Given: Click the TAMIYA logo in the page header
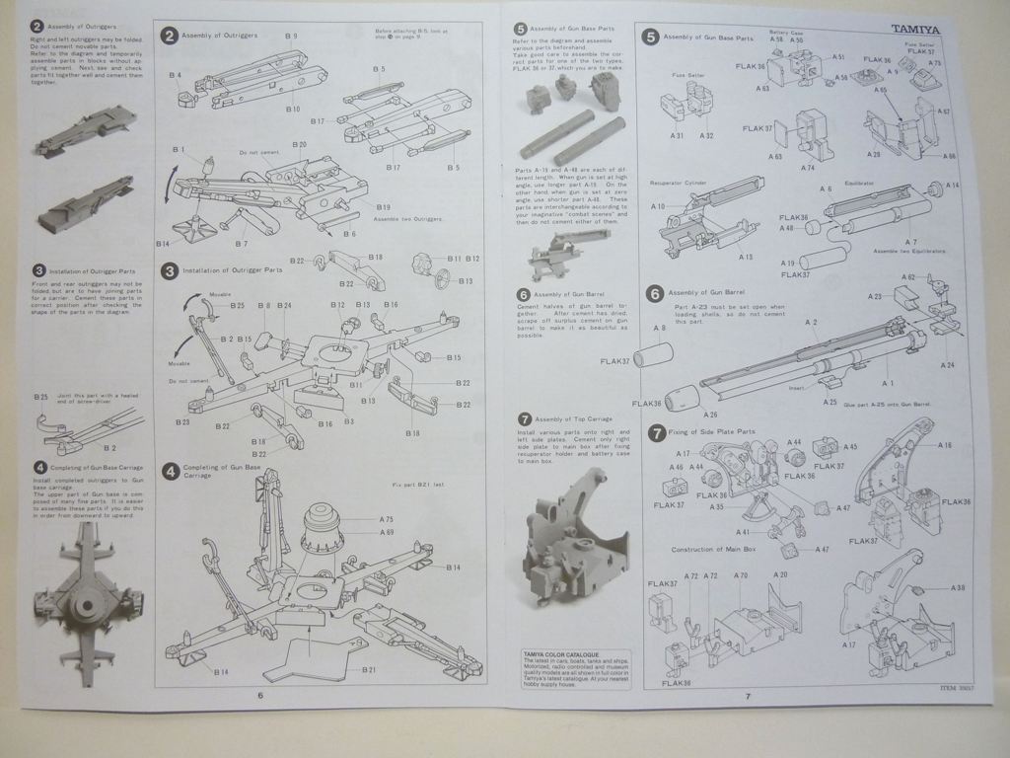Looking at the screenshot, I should pos(916,29).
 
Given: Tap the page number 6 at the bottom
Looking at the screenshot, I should pos(260,696).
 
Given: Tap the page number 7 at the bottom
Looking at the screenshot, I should pos(747,696).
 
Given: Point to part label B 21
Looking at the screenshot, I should pos(368,670).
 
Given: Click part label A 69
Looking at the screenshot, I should pos(387,532).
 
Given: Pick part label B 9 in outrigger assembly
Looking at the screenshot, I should pos(292,37).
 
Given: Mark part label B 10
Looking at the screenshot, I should pos(293,109).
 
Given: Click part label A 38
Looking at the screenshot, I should pos(957,588).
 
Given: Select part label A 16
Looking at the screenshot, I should pos(944,445).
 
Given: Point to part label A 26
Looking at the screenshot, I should pos(710,414).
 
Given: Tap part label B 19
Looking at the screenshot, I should pos(384,206).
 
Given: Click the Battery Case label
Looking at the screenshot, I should pos(786,33).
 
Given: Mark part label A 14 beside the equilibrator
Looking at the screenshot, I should pos(952,186).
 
